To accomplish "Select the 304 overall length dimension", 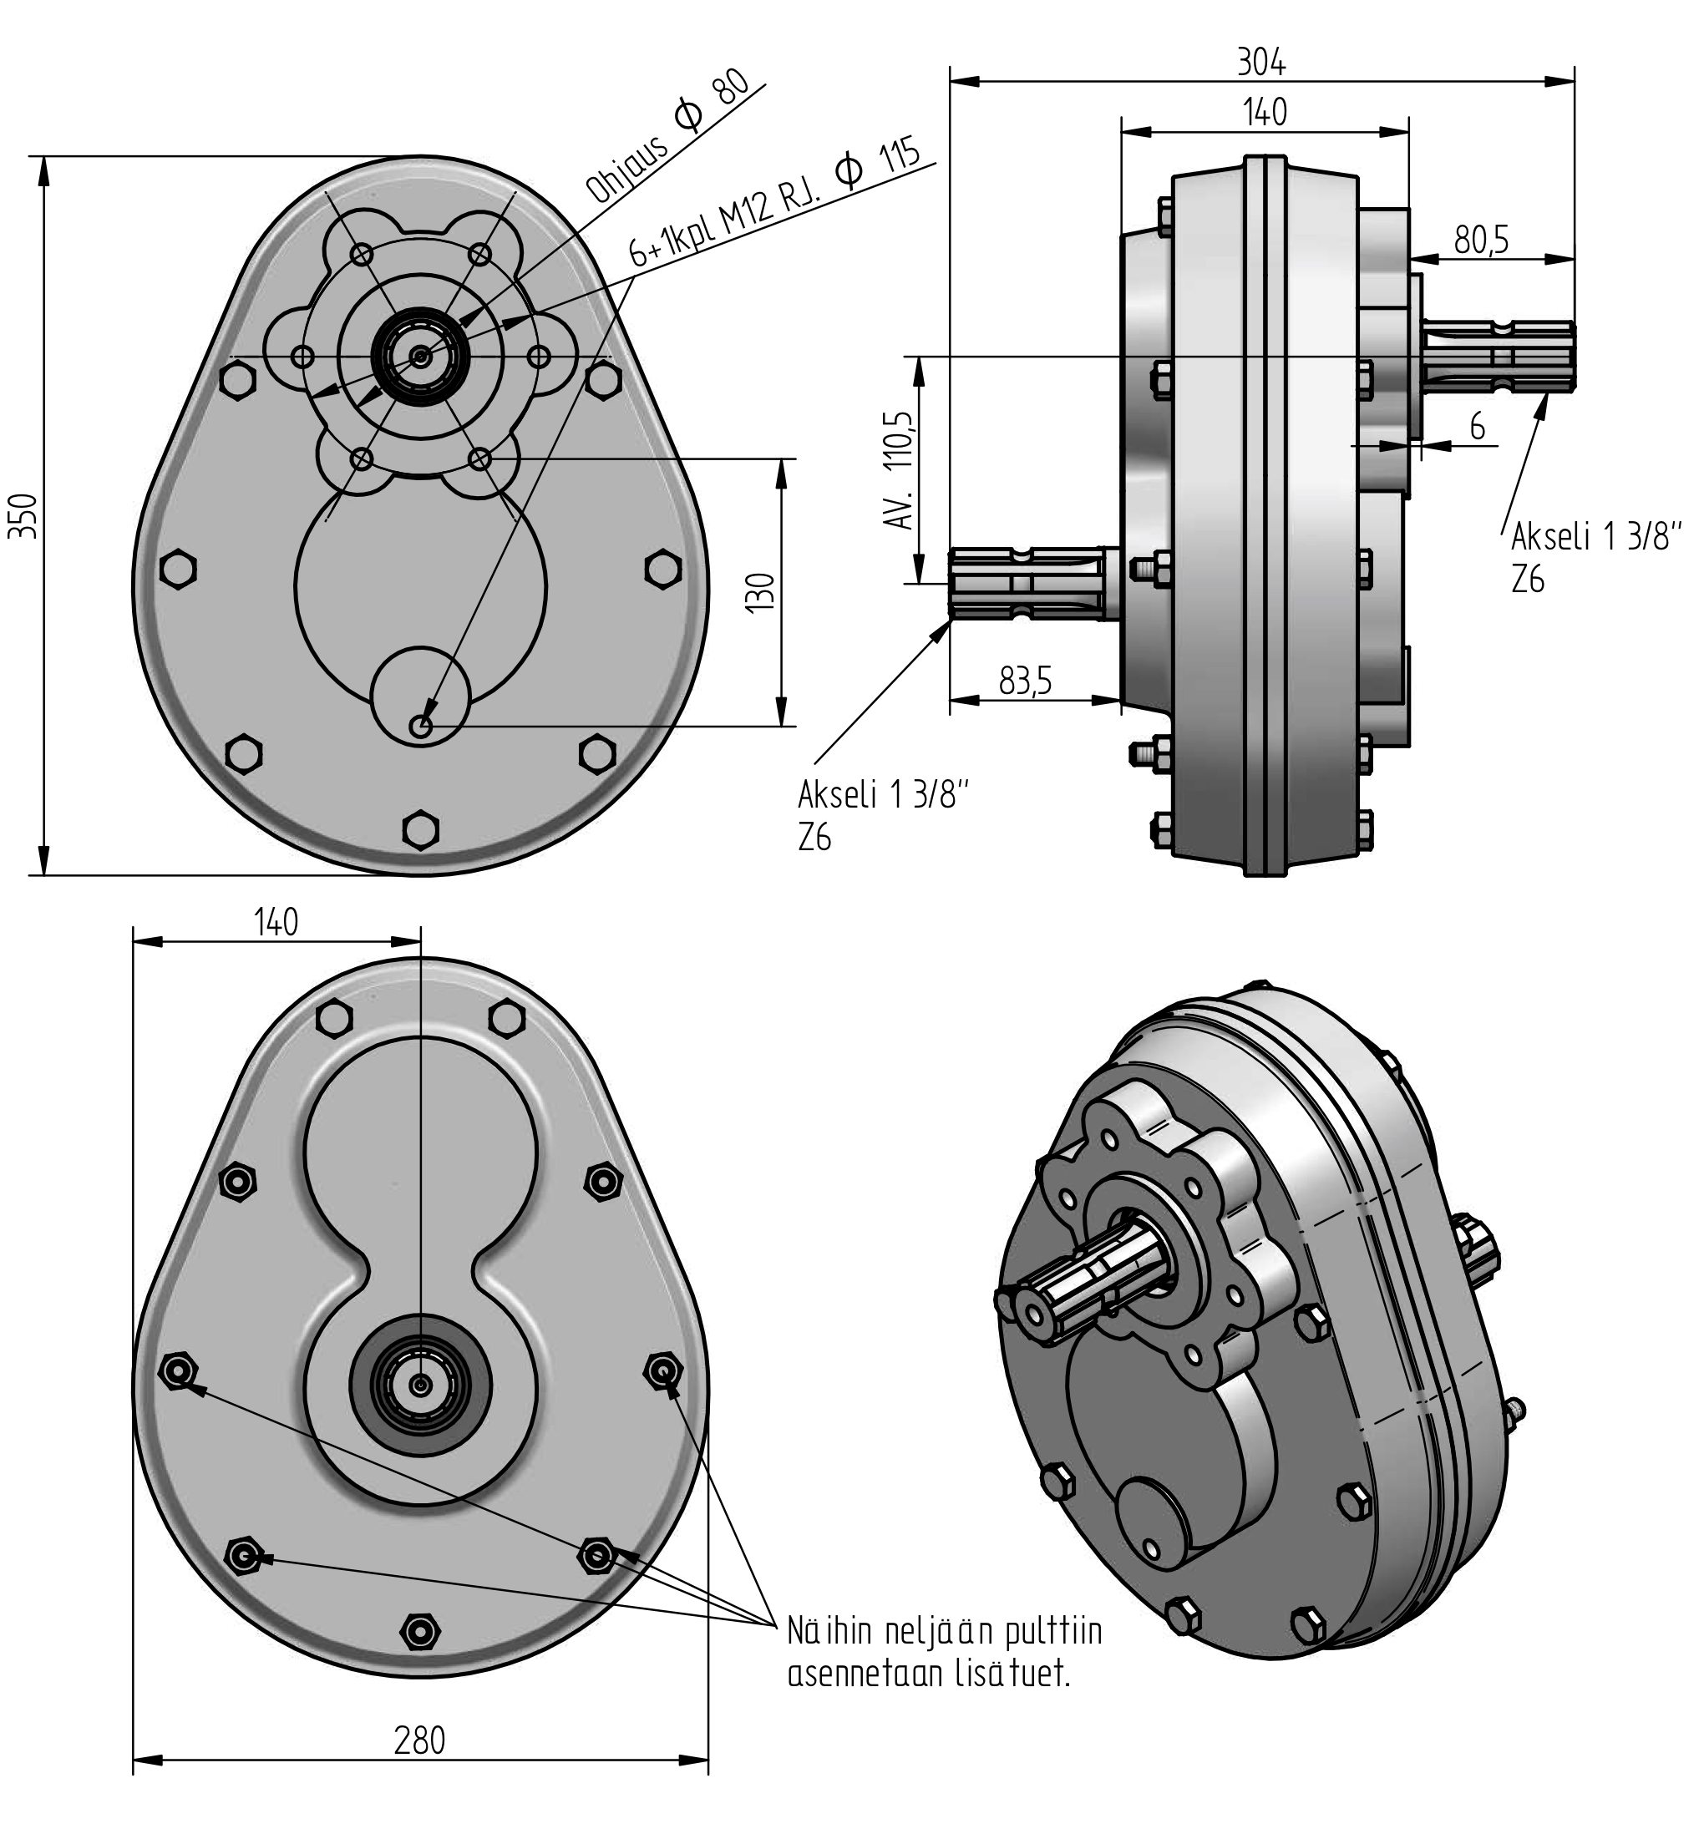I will pos(1260,63).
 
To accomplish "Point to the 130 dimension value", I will pos(763,592).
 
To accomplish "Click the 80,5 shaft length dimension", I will pos(1481,240).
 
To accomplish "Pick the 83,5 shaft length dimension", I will pos(1026,681).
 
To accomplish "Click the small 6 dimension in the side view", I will pos(1477,427).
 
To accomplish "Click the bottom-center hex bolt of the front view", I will pos(420,828).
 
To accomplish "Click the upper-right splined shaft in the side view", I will pos(1499,354).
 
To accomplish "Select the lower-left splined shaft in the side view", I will pos(1032,583).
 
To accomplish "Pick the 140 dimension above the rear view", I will pos(276,921).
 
